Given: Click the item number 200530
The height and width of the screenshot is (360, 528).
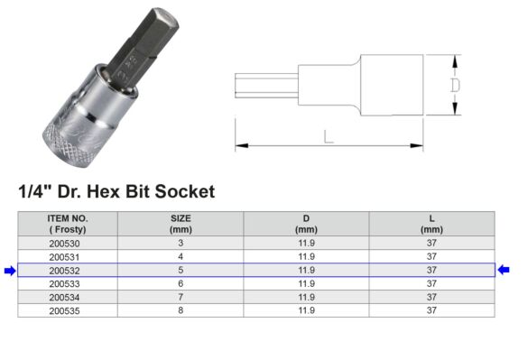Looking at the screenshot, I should click(67, 244).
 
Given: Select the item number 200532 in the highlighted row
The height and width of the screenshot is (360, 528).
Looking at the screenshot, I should click(67, 270).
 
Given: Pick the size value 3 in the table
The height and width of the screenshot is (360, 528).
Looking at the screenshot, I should click(180, 244).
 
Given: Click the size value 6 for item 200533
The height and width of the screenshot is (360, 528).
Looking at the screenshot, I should click(180, 282).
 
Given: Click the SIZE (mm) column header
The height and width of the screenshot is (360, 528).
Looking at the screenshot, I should click(180, 224).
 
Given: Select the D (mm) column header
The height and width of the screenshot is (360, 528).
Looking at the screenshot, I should click(306, 224).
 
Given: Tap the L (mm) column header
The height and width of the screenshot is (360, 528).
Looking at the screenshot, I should click(431, 224).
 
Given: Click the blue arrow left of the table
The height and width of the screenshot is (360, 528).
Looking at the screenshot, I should click(10, 270).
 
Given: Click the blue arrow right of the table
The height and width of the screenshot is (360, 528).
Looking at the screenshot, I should click(504, 270).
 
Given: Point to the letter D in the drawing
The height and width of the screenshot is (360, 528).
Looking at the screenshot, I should click(456, 85).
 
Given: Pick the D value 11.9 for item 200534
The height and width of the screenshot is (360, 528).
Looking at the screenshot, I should click(306, 296).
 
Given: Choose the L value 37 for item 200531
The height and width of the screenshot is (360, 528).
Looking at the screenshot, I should click(431, 256).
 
